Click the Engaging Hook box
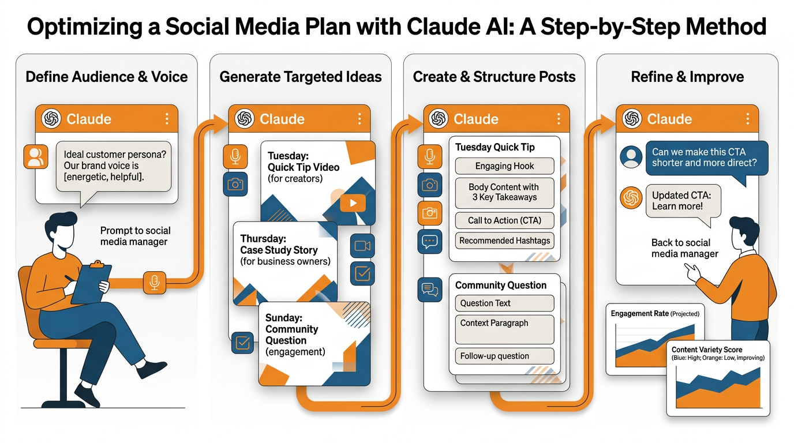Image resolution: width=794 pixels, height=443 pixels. click(x=504, y=166)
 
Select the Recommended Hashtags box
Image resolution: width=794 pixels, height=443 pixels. click(x=504, y=241)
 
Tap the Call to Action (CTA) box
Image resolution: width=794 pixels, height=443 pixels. click(x=504, y=220)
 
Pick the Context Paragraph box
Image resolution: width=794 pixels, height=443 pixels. click(x=504, y=329)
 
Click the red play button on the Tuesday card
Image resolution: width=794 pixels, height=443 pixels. click(x=353, y=202)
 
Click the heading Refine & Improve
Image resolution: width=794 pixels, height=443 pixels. click(x=687, y=77)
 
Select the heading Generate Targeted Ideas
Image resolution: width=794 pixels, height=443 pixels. click(x=301, y=77)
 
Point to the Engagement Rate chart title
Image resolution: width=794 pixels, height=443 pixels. click(x=655, y=314)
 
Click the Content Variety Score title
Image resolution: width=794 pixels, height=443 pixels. click(x=707, y=350)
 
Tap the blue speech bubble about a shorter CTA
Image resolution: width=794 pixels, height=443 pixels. click(x=706, y=157)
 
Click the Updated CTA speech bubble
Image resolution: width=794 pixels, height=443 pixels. click(x=681, y=201)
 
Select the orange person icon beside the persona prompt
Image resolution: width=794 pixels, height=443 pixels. click(x=36, y=156)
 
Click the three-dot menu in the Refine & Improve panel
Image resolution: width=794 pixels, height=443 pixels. click(x=748, y=119)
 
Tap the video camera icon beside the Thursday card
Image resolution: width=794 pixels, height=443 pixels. click(x=362, y=246)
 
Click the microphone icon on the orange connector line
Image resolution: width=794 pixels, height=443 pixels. click(x=154, y=283)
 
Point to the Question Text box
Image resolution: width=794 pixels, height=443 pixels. click(x=504, y=303)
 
